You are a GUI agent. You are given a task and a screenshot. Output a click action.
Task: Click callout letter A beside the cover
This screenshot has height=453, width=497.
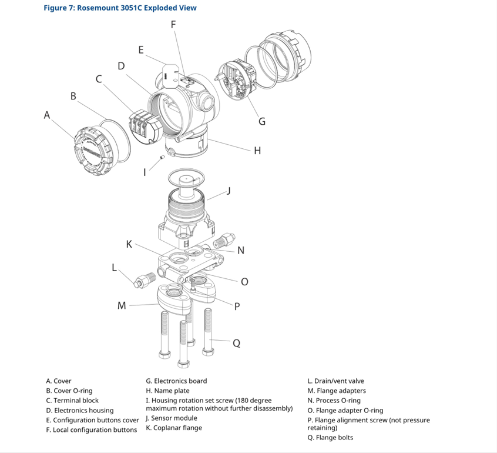pos(47,115)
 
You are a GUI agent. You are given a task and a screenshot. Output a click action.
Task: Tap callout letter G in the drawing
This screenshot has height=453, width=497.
pos(262,122)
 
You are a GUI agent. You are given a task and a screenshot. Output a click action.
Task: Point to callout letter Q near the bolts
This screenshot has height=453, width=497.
pos(236,344)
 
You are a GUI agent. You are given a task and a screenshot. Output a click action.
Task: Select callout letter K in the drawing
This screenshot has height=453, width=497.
pos(129,242)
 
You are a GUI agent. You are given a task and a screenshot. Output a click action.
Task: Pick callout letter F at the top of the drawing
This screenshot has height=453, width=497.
pos(173,24)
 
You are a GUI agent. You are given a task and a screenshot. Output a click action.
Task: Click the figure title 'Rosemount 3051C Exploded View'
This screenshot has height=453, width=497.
pos(120,8)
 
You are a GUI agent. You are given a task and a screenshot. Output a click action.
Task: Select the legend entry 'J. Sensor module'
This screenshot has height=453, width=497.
pos(171,418)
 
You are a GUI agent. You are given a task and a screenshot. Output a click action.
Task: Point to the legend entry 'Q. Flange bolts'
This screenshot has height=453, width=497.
pos(330,437)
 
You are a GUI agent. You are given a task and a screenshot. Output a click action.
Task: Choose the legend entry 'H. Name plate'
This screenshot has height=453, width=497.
pos(167,391)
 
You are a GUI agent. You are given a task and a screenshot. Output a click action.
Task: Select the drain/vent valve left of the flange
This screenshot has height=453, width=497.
pos(144,279)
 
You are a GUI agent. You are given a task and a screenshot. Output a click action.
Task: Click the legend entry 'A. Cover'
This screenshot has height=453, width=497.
pos(59,381)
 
